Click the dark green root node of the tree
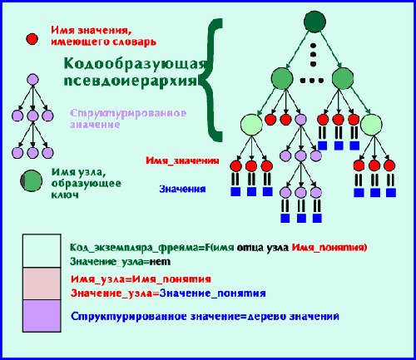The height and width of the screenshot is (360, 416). (x=314, y=22)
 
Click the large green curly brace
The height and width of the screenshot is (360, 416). (x=212, y=81)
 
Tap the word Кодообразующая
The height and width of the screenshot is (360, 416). (x=136, y=63)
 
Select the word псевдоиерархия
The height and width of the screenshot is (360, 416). (x=131, y=81)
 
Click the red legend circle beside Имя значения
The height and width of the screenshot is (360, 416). (x=32, y=39)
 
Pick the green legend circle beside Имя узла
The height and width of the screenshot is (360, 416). (x=32, y=181)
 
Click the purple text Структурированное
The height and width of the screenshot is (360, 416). (x=128, y=113)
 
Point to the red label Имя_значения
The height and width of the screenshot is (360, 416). (x=182, y=160)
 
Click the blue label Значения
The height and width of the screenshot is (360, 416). (x=182, y=189)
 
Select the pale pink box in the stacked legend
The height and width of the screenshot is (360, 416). (x=42, y=284)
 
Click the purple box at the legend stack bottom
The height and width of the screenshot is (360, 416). (x=42, y=316)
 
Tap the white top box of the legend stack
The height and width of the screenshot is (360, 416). (x=42, y=251)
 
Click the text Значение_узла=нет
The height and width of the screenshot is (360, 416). (x=120, y=262)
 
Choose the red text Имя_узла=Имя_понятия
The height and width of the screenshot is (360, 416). (x=141, y=279)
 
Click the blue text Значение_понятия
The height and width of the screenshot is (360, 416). (x=213, y=293)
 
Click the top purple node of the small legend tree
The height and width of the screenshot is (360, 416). (x=32, y=80)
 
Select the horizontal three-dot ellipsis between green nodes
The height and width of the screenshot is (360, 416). (x=312, y=81)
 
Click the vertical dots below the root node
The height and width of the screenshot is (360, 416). (x=314, y=55)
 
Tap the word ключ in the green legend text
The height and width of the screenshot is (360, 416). (x=65, y=195)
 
